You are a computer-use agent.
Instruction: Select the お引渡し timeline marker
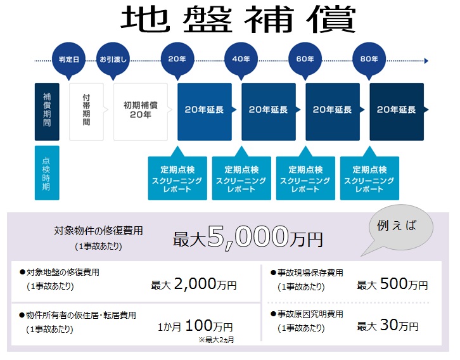pyautogui.click(x=113, y=59)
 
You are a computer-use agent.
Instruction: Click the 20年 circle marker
pyautogui.click(x=177, y=59)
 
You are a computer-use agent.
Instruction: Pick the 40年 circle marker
pyautogui.click(x=241, y=59)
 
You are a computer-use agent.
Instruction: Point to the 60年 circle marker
pyautogui.click(x=305, y=59)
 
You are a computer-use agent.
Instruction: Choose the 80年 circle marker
pyautogui.click(x=369, y=59)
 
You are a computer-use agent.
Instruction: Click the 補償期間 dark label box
pyautogui.click(x=47, y=111)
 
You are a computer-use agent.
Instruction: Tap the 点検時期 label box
pyautogui.click(x=47, y=173)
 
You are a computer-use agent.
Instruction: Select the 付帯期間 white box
pyautogui.click(x=86, y=111)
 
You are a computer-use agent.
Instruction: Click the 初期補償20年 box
pyautogui.click(x=140, y=111)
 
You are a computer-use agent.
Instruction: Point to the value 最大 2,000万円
pyautogui.click(x=193, y=285)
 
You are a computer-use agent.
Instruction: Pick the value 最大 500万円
pyautogui.click(x=392, y=285)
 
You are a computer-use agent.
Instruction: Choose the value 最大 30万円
pyautogui.click(x=388, y=326)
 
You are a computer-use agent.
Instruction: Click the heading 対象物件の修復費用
pyautogui.click(x=98, y=231)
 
